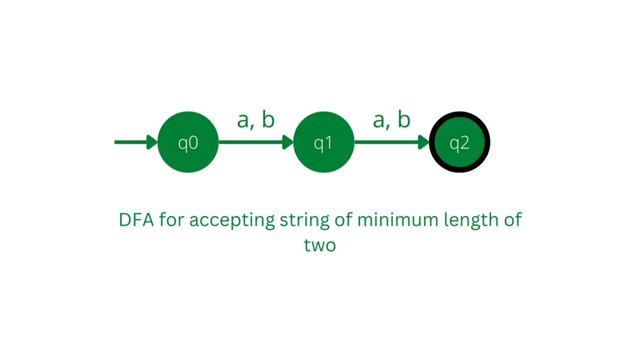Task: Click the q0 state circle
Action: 188,142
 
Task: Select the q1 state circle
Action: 323,142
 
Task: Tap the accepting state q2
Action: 460,142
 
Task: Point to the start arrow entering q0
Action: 136,142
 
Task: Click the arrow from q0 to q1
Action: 256,142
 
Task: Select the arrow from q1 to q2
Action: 392,142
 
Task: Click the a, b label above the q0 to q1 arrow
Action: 256,120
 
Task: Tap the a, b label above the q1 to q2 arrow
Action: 392,120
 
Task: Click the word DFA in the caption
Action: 136,220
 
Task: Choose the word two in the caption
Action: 320,245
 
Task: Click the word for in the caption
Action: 172,220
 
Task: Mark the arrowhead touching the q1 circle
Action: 288,142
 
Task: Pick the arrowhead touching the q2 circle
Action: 424,142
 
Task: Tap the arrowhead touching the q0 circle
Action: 152,142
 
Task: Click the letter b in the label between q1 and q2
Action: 404,119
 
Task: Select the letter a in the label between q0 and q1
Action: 243,121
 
